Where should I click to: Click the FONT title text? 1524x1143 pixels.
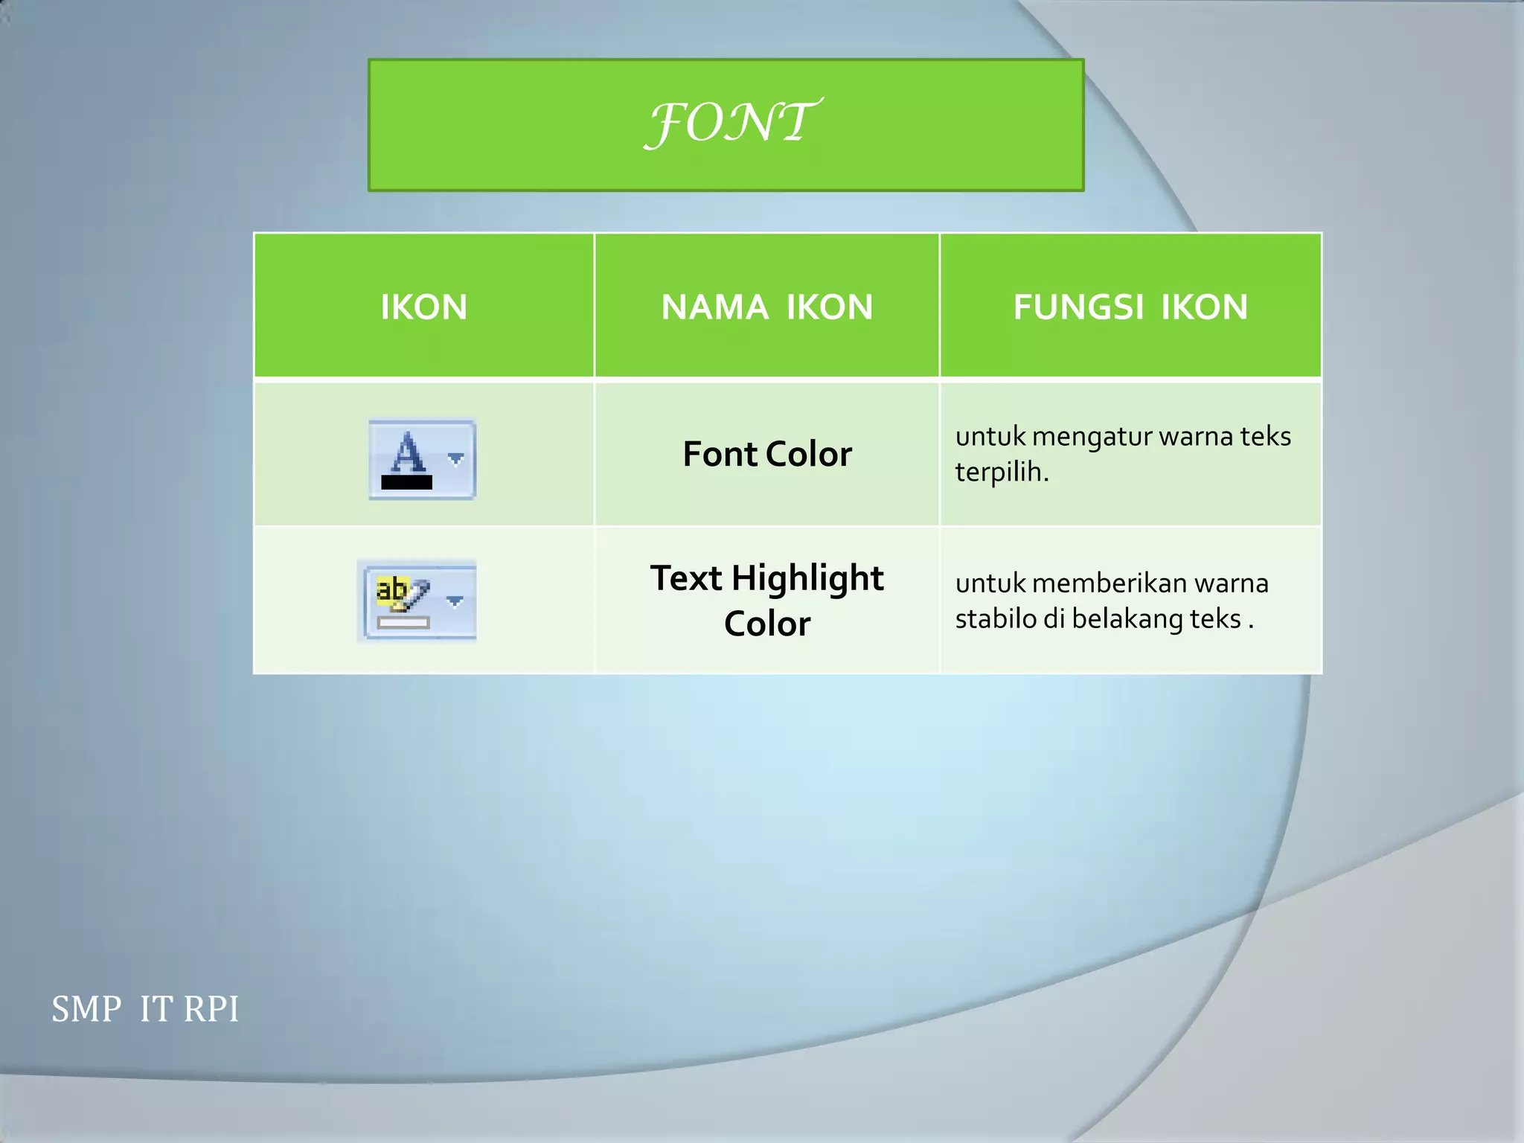pos(732,123)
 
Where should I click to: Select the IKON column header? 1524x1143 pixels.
pos(423,307)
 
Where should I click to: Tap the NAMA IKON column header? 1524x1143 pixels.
pos(766,307)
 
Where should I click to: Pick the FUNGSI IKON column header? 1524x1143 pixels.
pos(1130,307)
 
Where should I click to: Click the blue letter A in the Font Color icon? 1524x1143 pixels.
pos(408,452)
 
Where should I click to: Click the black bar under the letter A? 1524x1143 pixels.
pos(406,482)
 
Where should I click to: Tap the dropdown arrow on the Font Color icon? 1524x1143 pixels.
pos(456,459)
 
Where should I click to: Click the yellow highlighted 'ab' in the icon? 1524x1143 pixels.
pos(391,589)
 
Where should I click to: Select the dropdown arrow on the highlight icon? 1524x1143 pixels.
pos(455,601)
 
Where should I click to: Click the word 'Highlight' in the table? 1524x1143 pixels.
pos(807,578)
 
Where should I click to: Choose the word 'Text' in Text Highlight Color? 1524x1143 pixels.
pos(685,578)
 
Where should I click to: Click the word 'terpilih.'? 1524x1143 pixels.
pos(1002,472)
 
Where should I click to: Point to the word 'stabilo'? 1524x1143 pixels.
pos(995,618)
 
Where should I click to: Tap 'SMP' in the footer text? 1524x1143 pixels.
pos(86,1010)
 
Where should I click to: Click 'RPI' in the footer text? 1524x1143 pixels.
pos(211,1010)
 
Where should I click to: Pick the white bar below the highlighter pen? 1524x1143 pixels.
pos(403,623)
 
